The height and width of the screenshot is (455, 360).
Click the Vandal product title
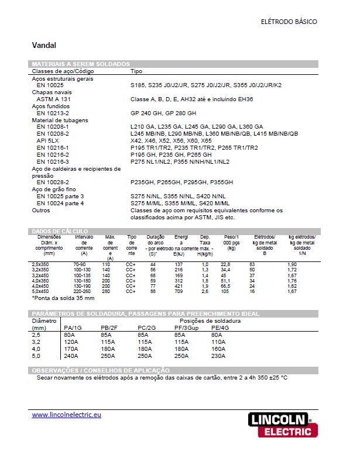44,44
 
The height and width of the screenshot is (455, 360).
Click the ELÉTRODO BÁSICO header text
289,22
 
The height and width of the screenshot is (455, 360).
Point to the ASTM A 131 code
54,99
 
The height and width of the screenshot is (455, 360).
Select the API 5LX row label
47,140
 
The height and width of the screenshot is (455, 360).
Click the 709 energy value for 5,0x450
178,291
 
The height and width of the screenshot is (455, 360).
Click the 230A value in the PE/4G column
218,356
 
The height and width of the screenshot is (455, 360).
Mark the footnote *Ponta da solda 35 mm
60,298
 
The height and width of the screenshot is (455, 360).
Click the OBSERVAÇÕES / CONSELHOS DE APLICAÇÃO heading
100,370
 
